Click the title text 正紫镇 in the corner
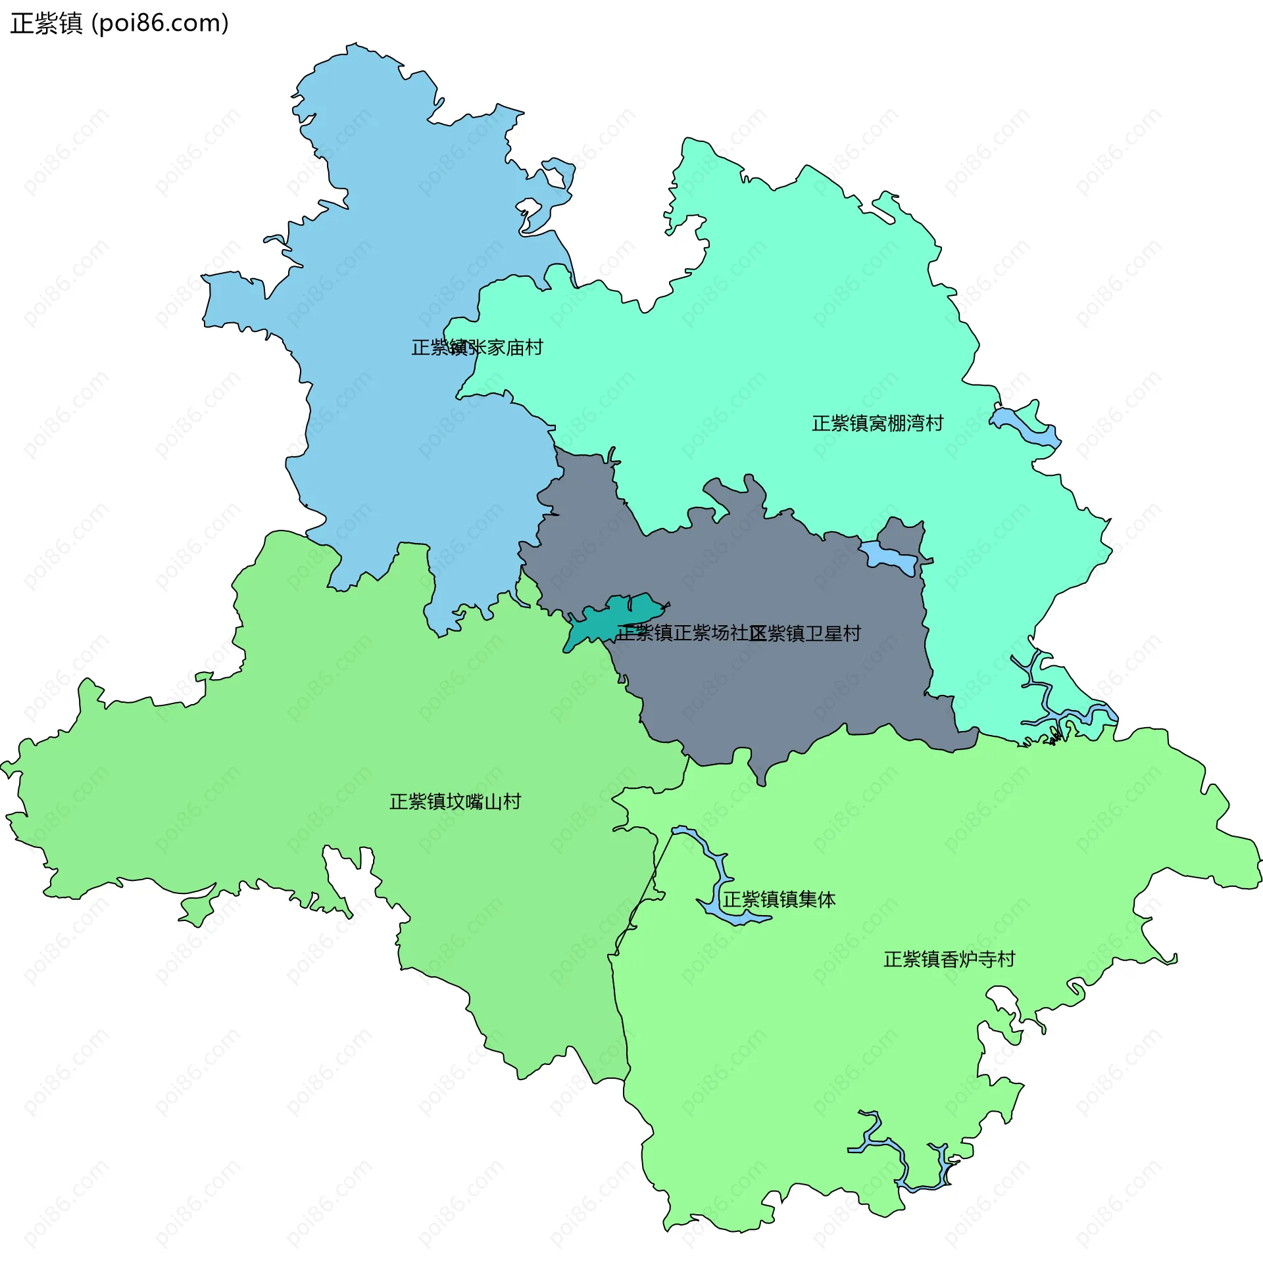click(46, 24)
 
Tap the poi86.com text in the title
click(159, 24)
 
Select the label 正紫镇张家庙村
click(476, 347)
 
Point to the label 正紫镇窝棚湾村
click(877, 423)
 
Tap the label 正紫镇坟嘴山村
click(455, 802)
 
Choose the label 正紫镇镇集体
click(779, 899)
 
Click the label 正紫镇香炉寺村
click(949, 960)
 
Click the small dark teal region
click(595, 624)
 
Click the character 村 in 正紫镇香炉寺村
click(1006, 960)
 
